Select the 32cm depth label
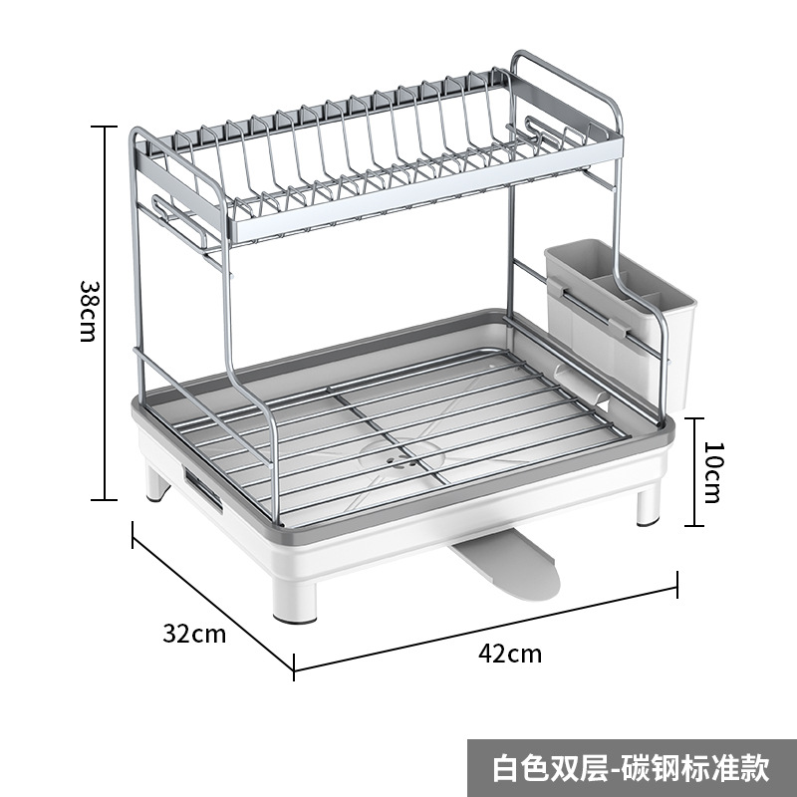(195, 634)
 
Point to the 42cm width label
(510, 655)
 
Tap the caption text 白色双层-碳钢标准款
(632, 768)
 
